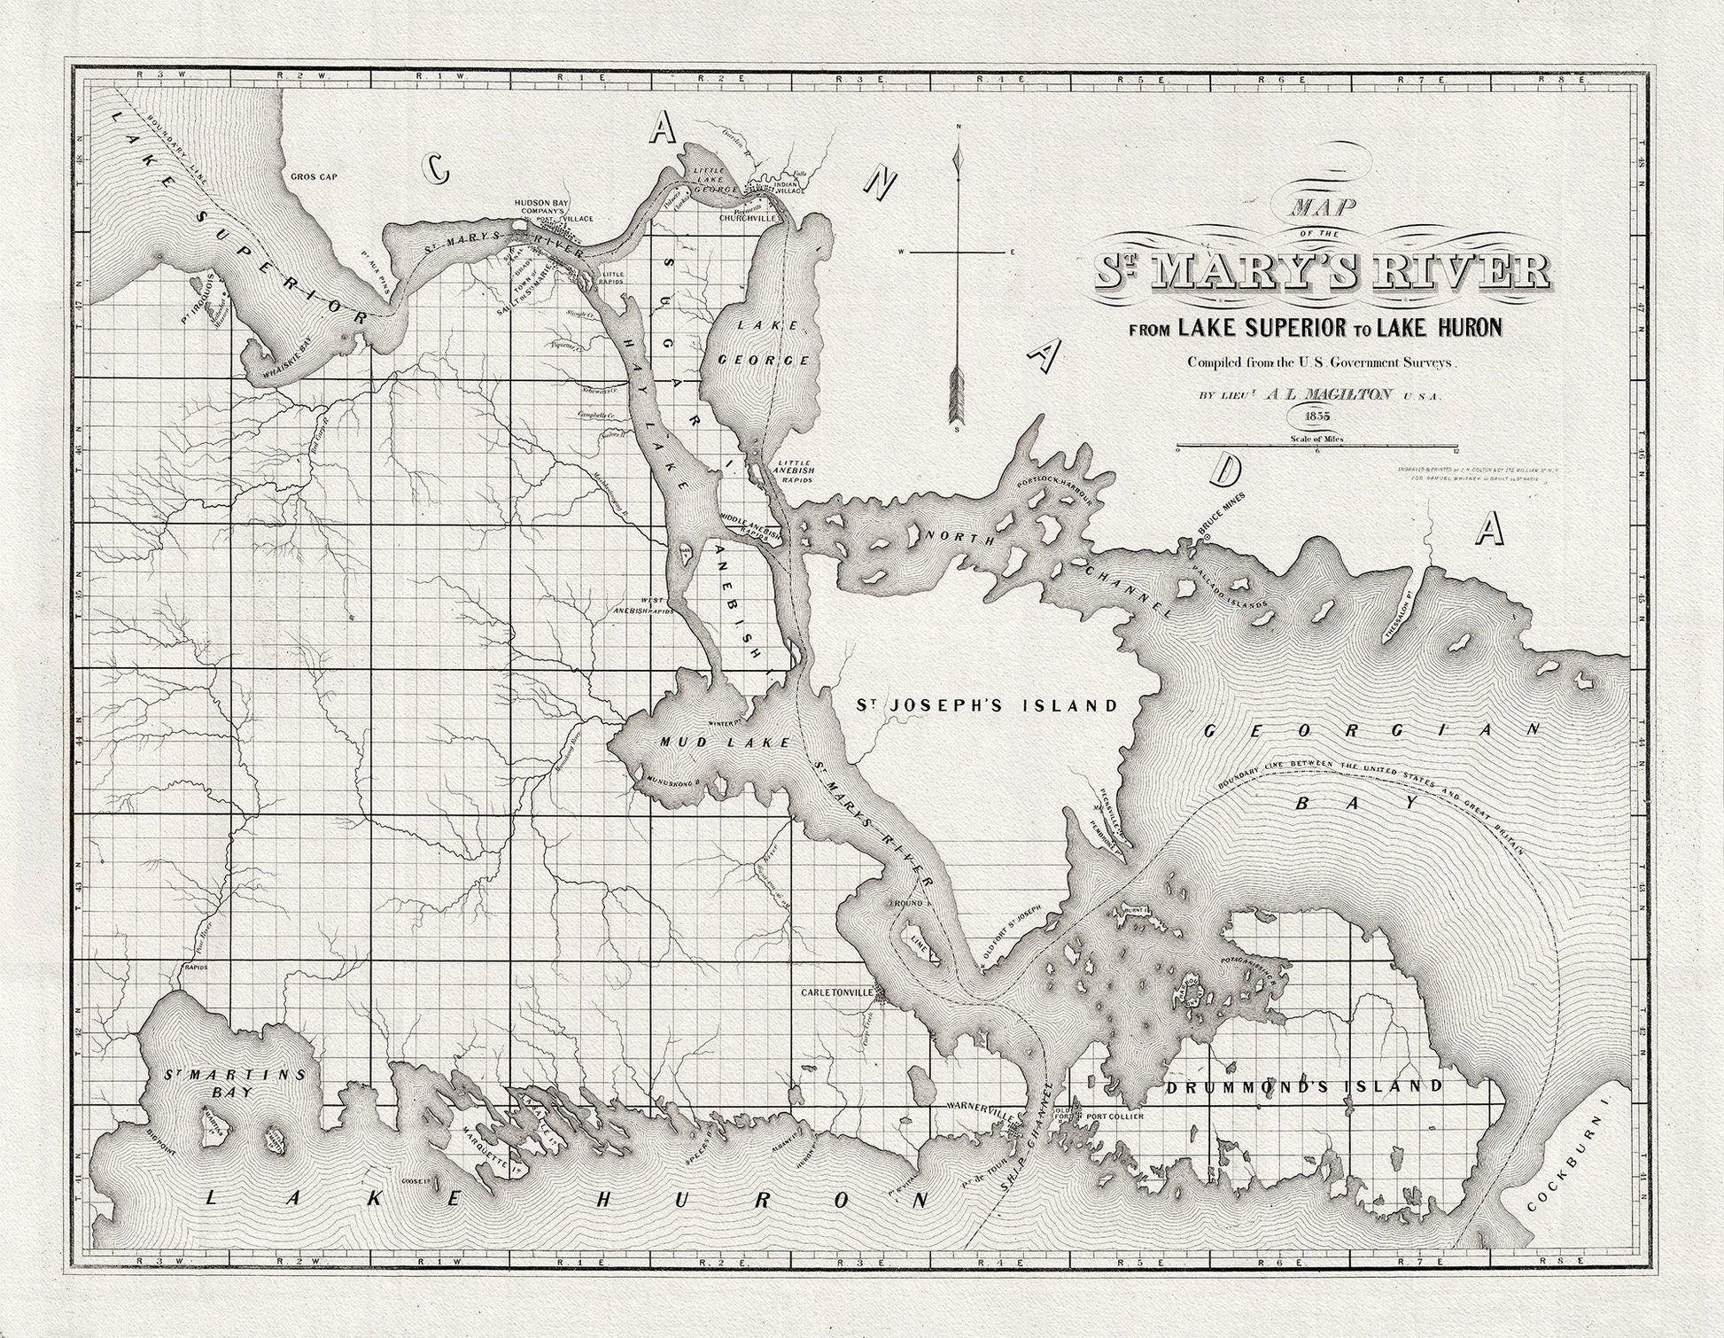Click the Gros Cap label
tap(315, 176)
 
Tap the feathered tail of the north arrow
tap(958, 390)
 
